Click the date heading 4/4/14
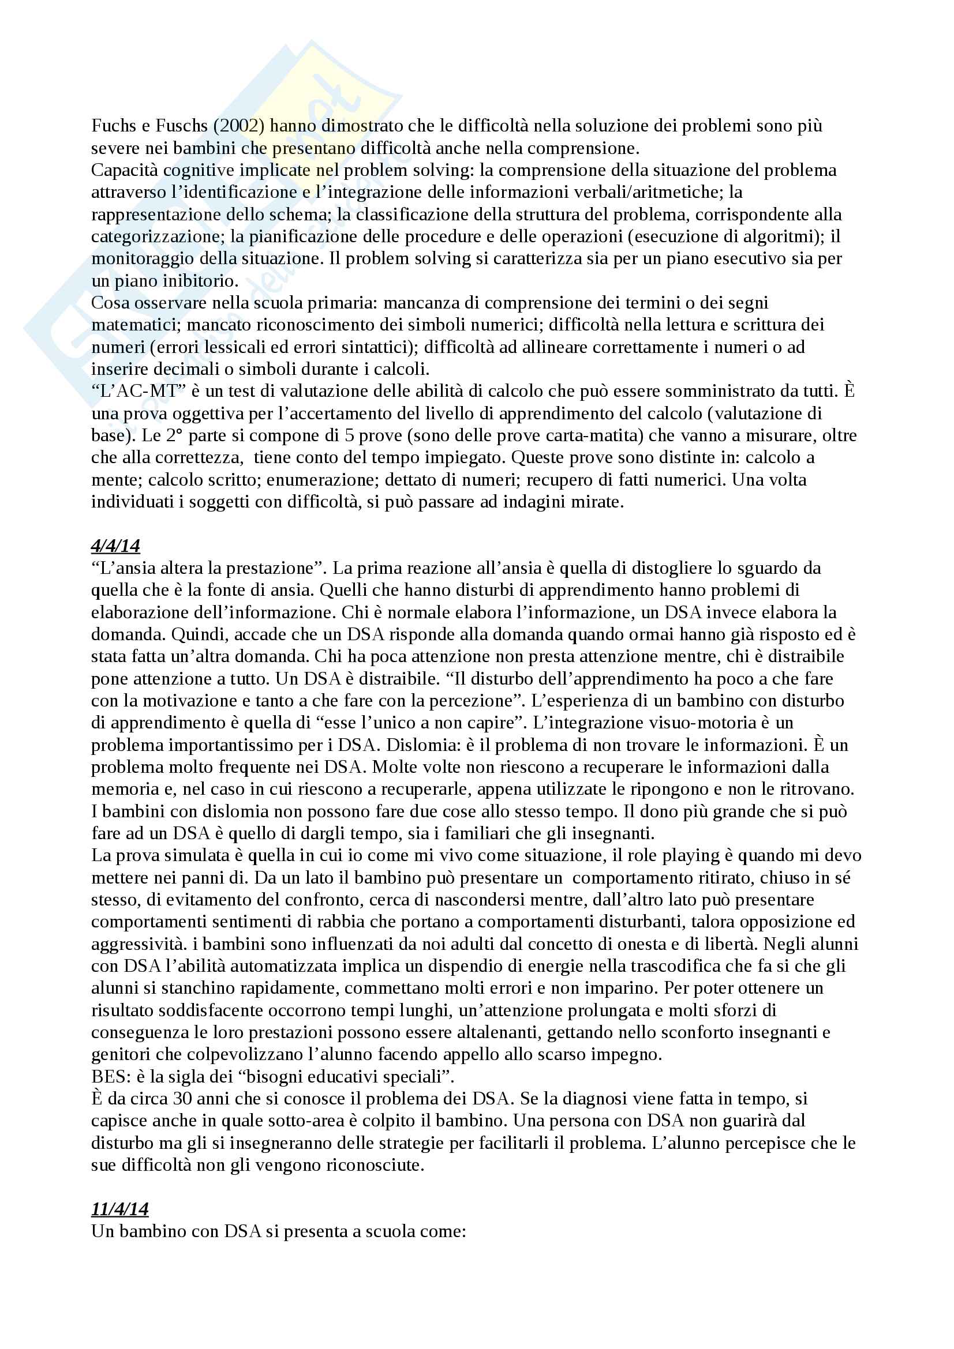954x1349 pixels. pos(115,546)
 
